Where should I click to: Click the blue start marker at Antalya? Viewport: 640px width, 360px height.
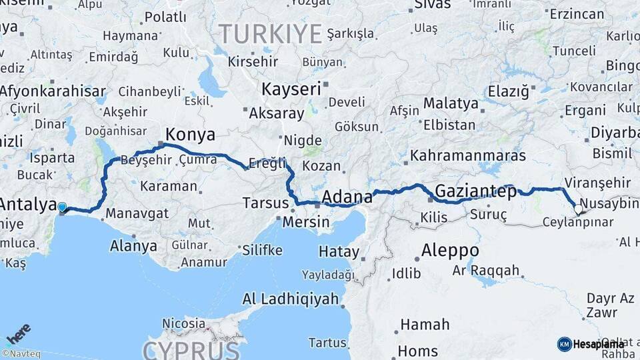coord(62,207)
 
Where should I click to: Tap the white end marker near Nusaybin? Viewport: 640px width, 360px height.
coord(578,209)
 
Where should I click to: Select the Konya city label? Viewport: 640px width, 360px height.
coord(190,135)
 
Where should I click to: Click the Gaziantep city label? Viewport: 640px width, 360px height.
coord(475,192)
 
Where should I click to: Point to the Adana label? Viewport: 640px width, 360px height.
coord(347,197)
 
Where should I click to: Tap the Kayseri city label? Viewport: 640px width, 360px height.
coord(291,89)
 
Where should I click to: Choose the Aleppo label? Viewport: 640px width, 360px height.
coord(450,251)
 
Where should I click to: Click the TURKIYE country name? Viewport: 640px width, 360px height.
coord(271,33)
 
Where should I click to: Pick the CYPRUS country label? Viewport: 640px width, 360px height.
coord(191,349)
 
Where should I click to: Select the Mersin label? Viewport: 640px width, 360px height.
coord(306,222)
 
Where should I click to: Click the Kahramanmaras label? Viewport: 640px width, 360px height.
coord(468,155)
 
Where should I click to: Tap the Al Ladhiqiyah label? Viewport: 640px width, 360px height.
coord(291,299)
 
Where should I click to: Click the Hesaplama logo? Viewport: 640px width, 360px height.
coord(591,344)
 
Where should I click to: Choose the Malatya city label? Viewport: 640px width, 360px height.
coord(451,103)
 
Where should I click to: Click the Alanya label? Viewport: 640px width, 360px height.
coord(133,246)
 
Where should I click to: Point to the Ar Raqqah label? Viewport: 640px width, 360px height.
coord(485,270)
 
